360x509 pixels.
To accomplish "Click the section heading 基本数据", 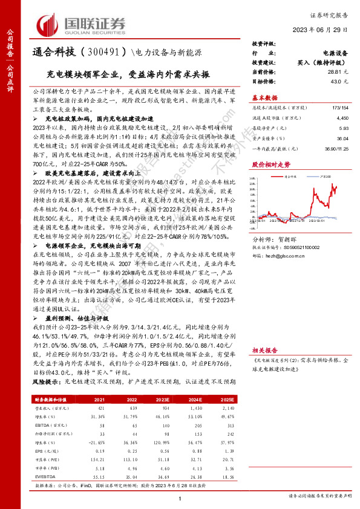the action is pos(264,97).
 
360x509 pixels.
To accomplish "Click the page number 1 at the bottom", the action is pos(180,498).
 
